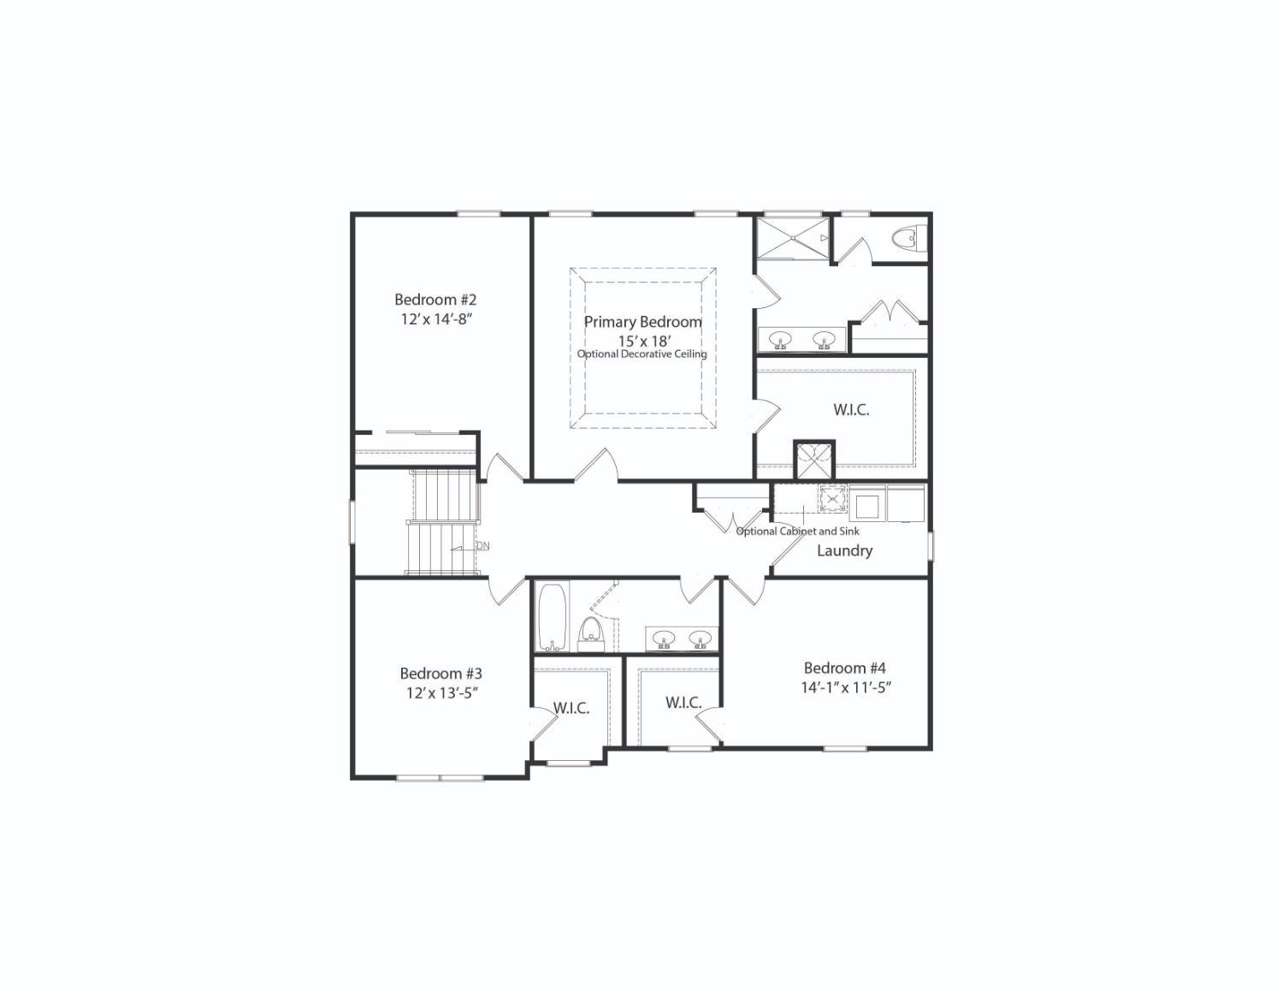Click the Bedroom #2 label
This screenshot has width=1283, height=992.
(x=435, y=300)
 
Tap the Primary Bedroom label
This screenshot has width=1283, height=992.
(x=642, y=322)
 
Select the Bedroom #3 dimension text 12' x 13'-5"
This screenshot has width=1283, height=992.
(x=441, y=692)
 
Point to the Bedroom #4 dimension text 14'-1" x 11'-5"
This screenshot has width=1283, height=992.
(x=846, y=687)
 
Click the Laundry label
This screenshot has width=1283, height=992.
(x=844, y=550)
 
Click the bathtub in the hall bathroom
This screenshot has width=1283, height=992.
(x=553, y=616)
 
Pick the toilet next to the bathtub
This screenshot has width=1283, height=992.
(x=591, y=632)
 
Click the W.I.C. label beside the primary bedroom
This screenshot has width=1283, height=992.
(x=851, y=410)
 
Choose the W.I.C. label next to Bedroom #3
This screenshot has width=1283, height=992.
(x=571, y=708)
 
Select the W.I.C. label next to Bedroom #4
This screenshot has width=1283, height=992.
(x=683, y=703)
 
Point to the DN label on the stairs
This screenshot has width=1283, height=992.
(x=482, y=546)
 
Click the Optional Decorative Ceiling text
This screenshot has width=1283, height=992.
(x=641, y=353)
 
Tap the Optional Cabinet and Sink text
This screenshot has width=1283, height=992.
(x=797, y=531)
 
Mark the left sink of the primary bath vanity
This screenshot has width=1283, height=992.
(x=779, y=340)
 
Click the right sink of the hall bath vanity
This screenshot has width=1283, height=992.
(x=701, y=639)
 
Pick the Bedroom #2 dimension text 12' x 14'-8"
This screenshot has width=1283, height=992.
(x=436, y=318)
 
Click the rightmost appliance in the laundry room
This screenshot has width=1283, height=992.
(x=906, y=503)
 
